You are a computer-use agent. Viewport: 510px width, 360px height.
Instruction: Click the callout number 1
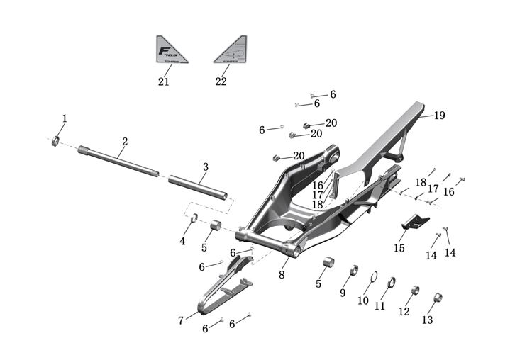pyautogui.click(x=65, y=118)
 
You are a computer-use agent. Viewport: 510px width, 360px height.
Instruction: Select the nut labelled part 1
pyautogui.click(x=55, y=140)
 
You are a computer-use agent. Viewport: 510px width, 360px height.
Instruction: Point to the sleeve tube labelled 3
pyautogui.click(x=198, y=185)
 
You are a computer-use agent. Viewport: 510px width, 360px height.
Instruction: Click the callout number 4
pyautogui.click(x=182, y=242)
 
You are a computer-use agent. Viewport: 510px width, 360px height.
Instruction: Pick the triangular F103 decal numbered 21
pyautogui.click(x=172, y=51)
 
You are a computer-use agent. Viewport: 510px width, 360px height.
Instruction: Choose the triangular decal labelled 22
pyautogui.click(x=231, y=51)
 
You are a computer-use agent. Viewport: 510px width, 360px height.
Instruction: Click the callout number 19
pyautogui.click(x=440, y=116)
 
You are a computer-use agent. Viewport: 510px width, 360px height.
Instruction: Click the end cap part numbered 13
pyautogui.click(x=438, y=297)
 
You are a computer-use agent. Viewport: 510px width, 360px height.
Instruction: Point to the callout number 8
pyautogui.click(x=282, y=275)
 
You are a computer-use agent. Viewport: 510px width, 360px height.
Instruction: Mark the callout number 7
pyautogui.click(x=181, y=321)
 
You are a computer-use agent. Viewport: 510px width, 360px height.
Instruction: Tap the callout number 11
pyautogui.click(x=380, y=306)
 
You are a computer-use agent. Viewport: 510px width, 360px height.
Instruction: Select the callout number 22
pyautogui.click(x=221, y=81)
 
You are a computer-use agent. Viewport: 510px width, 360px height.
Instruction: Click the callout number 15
pyautogui.click(x=399, y=249)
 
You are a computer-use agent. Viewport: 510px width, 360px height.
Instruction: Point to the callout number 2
pyautogui.click(x=124, y=142)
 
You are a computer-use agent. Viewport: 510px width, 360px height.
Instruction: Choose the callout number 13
pyautogui.click(x=427, y=320)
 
